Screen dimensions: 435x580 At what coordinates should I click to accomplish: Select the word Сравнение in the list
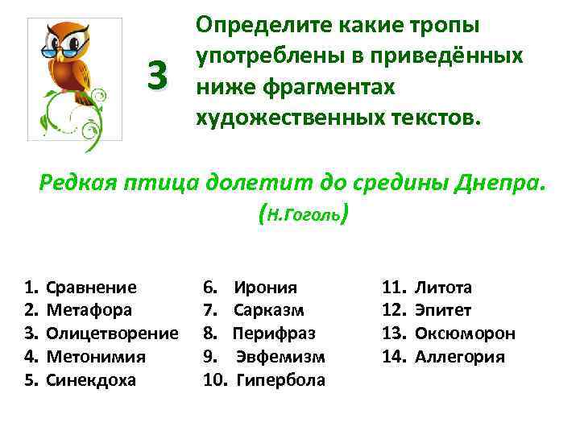(x=91, y=288)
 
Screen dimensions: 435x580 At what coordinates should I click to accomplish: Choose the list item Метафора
(x=89, y=310)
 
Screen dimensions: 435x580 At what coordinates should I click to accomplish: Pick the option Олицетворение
(x=112, y=333)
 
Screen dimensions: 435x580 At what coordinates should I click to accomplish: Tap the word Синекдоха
(x=91, y=379)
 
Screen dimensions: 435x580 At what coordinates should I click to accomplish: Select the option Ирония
(x=265, y=288)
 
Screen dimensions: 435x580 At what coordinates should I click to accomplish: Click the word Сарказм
(x=268, y=310)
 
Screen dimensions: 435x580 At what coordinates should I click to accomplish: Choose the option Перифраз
(x=274, y=333)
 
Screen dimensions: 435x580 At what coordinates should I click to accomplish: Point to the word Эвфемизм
(x=281, y=356)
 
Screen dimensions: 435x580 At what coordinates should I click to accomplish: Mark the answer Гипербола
(x=281, y=379)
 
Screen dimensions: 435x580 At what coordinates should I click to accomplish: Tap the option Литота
(x=443, y=288)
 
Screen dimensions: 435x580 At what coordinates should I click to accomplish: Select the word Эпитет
(x=443, y=310)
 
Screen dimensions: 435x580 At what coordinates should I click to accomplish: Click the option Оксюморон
(x=465, y=333)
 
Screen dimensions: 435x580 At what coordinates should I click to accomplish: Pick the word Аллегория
(x=459, y=356)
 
